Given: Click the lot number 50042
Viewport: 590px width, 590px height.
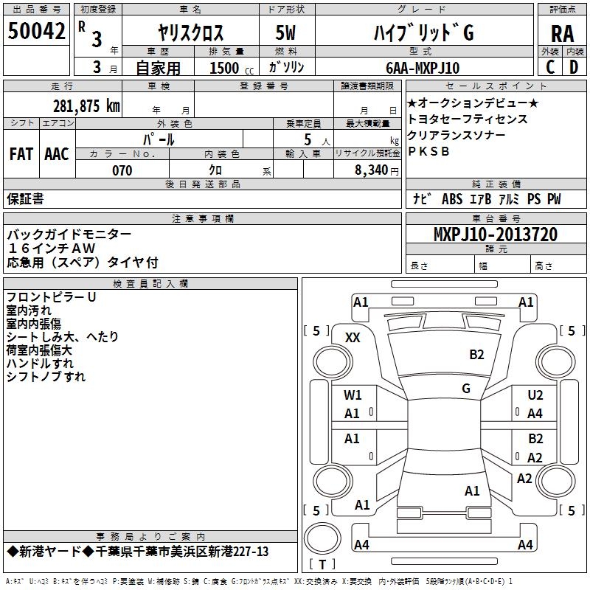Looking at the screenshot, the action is (36, 31).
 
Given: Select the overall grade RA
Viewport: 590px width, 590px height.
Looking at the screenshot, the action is (563, 34).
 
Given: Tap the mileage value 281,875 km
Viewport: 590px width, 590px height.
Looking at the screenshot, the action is (86, 106).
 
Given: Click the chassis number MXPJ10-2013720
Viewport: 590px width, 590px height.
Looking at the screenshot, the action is (496, 235).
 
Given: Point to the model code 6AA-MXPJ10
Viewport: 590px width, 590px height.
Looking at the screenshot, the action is (423, 68).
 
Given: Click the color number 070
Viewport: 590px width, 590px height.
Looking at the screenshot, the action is (122, 170).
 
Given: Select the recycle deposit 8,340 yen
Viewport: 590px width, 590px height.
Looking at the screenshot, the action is (377, 170).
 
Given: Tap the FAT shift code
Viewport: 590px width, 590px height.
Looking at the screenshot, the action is (21, 154).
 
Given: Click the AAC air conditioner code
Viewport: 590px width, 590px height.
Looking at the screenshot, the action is (57, 154).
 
